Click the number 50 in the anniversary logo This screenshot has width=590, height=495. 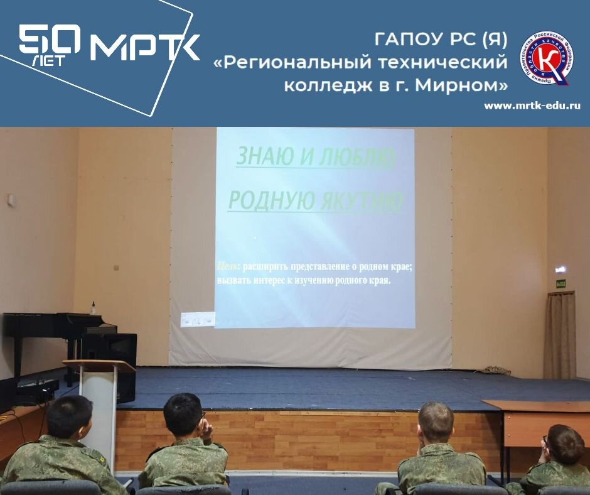point(50,41)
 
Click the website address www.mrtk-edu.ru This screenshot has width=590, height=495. point(532,106)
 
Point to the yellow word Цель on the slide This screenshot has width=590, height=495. point(227,266)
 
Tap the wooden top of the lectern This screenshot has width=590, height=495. point(99,366)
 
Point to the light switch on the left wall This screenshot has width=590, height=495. point(10,200)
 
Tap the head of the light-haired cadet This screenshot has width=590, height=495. point(436,423)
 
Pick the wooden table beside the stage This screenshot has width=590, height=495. point(540,415)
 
